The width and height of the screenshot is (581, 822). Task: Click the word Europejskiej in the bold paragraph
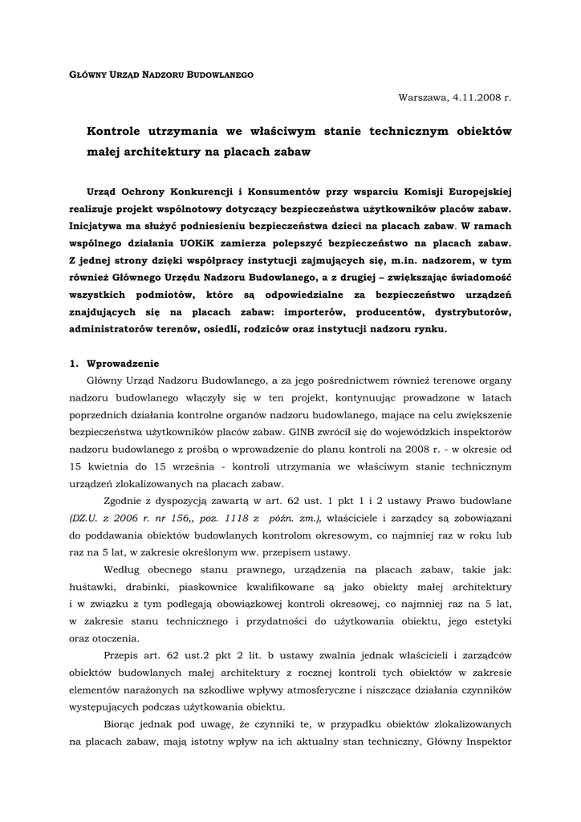click(x=477, y=191)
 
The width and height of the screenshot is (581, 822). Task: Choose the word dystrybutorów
click(x=468, y=311)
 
